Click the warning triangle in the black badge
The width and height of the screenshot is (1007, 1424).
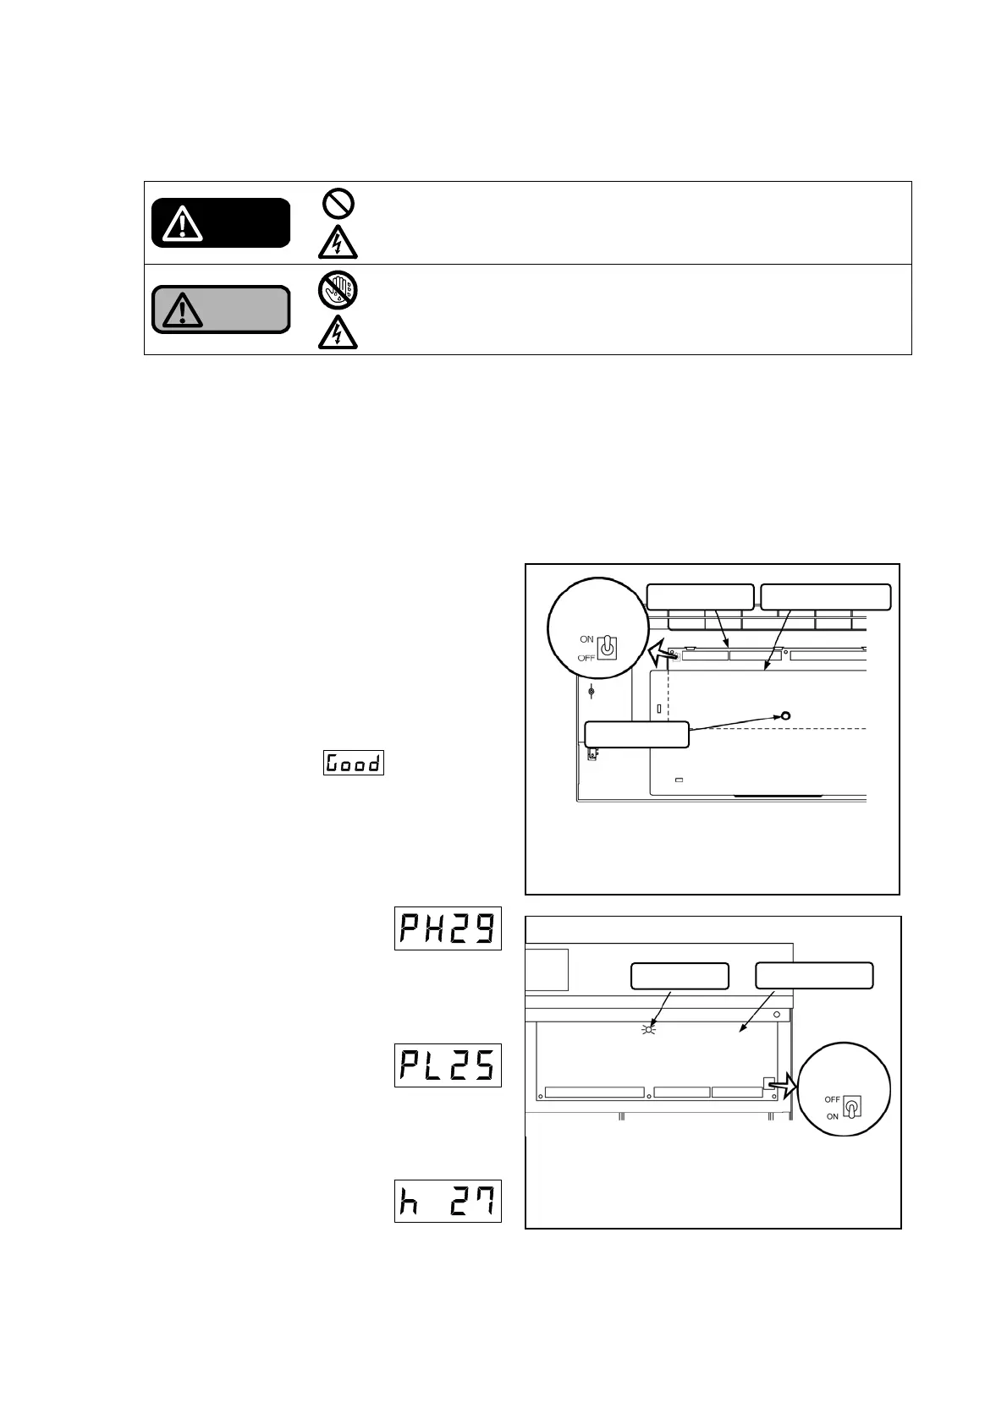click(x=182, y=223)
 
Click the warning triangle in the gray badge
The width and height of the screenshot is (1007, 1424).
click(x=182, y=310)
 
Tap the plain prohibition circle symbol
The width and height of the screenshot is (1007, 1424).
click(x=338, y=203)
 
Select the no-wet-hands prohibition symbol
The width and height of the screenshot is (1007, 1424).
click(x=338, y=290)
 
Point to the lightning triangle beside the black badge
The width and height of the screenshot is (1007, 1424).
click(x=338, y=243)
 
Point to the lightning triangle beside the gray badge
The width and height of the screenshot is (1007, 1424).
click(x=338, y=332)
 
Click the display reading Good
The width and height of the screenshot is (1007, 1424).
click(x=354, y=763)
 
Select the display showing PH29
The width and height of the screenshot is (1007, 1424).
click(x=448, y=928)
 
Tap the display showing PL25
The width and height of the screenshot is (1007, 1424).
click(x=448, y=1065)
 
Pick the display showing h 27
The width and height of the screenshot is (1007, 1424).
click(x=448, y=1201)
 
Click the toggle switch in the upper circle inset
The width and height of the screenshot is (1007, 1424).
click(x=607, y=648)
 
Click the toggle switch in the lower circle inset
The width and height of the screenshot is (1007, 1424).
click(x=851, y=1108)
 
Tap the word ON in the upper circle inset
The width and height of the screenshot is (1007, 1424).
click(x=586, y=639)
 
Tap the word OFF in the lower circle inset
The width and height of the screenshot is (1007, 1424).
click(x=832, y=1099)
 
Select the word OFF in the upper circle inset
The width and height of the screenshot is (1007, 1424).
click(x=586, y=657)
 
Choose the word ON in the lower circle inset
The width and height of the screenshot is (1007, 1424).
click(x=833, y=1117)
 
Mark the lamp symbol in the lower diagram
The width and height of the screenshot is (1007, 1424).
click(x=648, y=1029)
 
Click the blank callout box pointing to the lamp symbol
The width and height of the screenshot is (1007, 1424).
click(x=680, y=976)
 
